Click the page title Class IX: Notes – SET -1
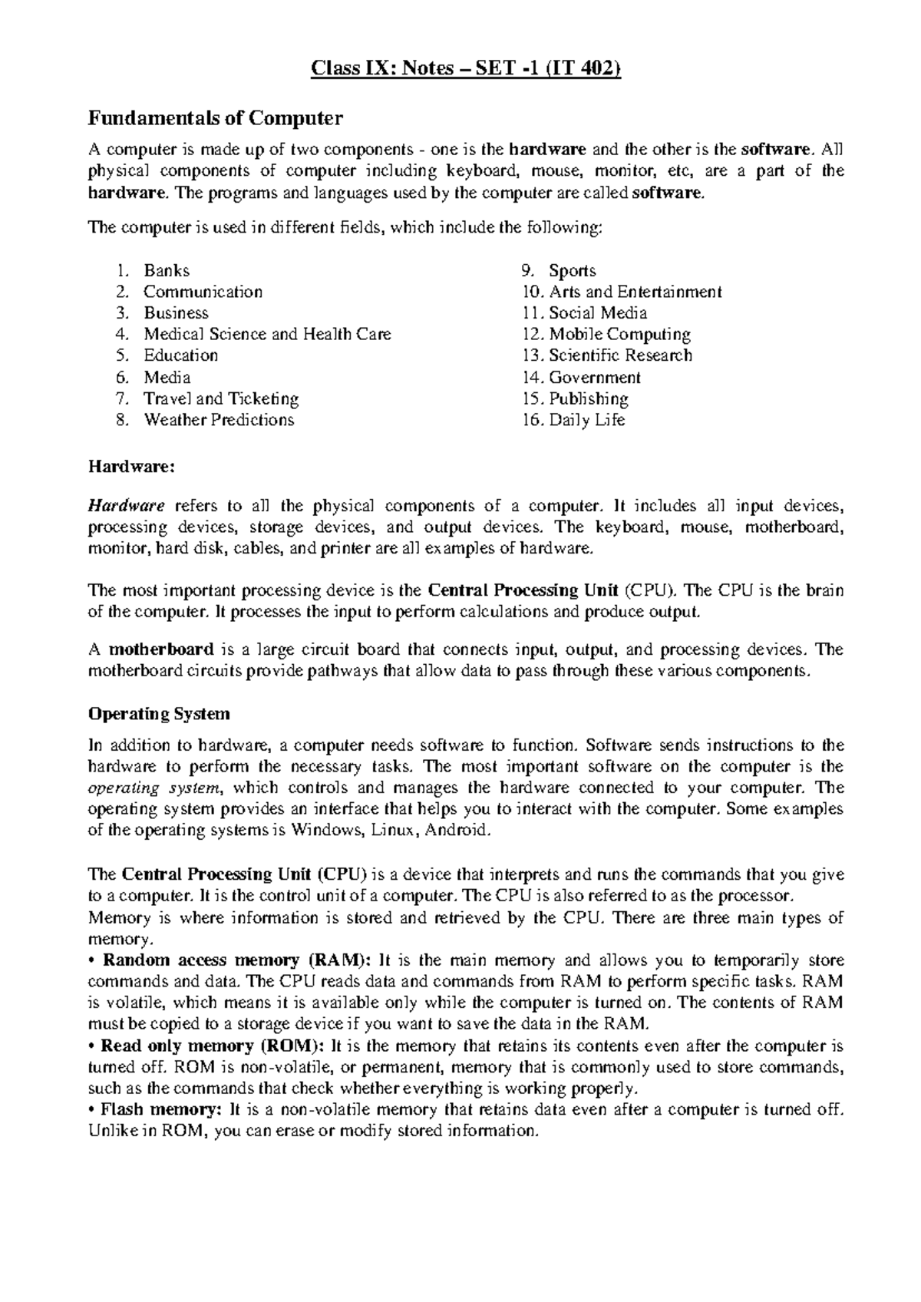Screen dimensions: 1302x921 point(464,71)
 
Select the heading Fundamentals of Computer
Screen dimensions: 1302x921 point(216,118)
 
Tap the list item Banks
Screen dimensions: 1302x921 point(167,270)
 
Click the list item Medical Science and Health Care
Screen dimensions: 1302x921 point(267,334)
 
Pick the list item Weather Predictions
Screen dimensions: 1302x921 point(219,420)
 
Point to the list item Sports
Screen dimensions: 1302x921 point(573,270)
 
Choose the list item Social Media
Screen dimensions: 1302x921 point(598,313)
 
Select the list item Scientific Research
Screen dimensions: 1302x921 point(620,355)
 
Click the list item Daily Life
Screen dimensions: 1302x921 point(587,420)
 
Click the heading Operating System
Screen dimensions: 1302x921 point(159,714)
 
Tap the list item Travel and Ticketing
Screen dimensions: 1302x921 point(221,398)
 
